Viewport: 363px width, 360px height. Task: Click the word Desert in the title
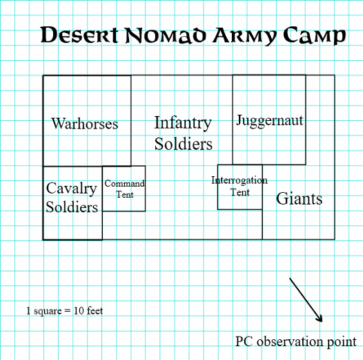(x=79, y=35)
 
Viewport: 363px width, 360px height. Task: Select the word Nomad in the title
(x=166, y=35)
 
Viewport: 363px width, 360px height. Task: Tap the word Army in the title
(x=245, y=36)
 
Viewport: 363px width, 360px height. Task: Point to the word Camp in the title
(x=315, y=35)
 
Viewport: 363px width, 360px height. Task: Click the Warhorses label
(x=85, y=123)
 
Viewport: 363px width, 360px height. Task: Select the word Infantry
(x=183, y=123)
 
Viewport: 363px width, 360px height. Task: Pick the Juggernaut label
(x=270, y=120)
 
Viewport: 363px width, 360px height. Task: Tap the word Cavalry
(x=72, y=189)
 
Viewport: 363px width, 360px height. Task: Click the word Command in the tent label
(x=124, y=184)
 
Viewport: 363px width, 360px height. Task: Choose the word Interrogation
(x=239, y=180)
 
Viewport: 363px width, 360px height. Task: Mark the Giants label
(x=299, y=199)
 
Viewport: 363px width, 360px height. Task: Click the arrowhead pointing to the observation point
(x=320, y=319)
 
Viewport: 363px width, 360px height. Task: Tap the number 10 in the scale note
(x=79, y=311)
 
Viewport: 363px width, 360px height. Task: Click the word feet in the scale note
(x=95, y=311)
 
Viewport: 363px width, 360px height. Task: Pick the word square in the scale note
(x=48, y=312)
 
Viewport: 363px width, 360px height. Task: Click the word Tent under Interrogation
(x=240, y=192)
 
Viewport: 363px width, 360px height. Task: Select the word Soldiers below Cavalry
(x=72, y=207)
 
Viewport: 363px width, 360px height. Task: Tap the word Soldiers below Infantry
(x=184, y=144)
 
